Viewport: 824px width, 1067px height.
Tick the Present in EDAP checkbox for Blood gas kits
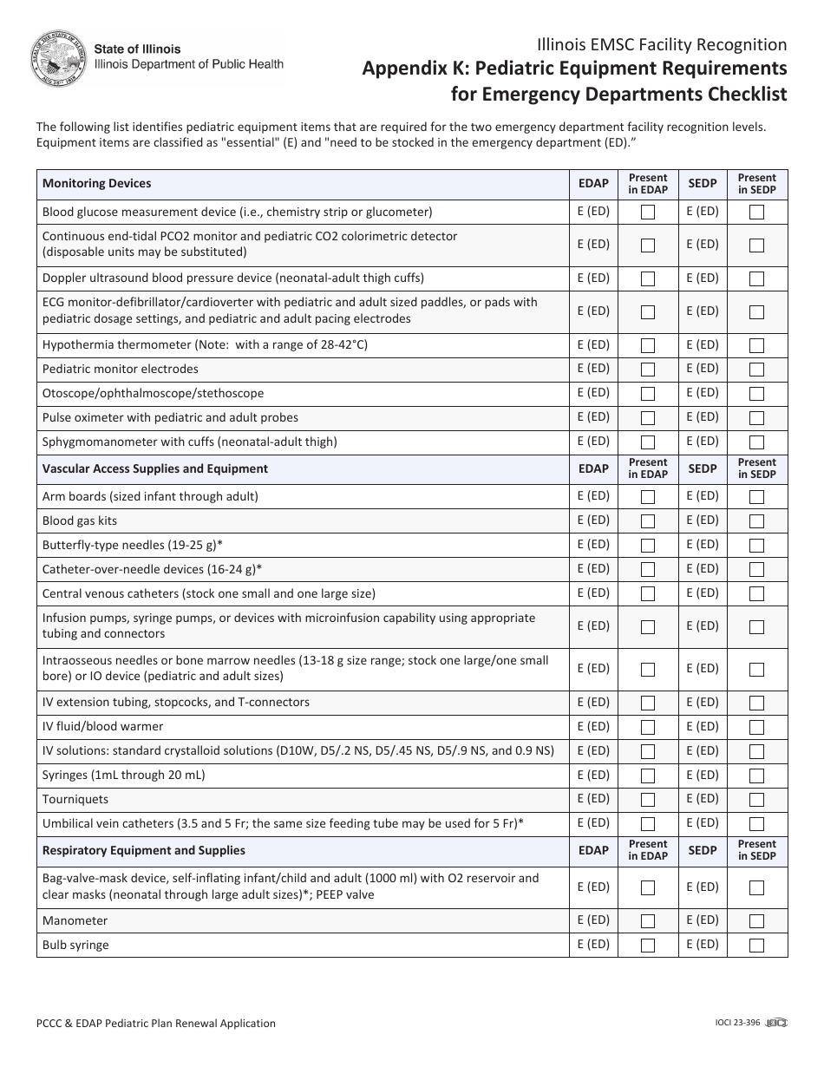click(x=648, y=521)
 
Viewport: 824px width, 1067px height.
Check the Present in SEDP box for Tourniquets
click(x=756, y=800)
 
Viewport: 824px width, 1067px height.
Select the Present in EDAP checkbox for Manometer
click(x=648, y=921)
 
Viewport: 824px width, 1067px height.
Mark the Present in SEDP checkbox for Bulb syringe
click(x=756, y=946)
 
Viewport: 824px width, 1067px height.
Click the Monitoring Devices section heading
click(x=96, y=183)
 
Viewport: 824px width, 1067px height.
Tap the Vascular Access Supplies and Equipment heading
click(x=155, y=468)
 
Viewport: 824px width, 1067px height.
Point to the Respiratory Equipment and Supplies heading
click(x=144, y=850)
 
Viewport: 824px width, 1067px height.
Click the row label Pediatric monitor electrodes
click(x=121, y=369)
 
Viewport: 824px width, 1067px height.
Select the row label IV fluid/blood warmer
click(x=102, y=726)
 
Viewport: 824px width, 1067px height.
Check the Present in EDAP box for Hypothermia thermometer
click(x=648, y=345)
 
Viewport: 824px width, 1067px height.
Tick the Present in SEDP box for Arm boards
click(x=756, y=497)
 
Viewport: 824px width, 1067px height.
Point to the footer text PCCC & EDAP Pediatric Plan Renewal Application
click(x=156, y=1024)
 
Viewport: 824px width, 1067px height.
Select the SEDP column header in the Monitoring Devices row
click(x=703, y=183)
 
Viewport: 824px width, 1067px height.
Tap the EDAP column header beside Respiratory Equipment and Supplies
click(x=593, y=850)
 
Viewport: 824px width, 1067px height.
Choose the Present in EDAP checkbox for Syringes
click(x=648, y=776)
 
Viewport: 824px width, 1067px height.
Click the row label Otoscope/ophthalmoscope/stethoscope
click(x=153, y=393)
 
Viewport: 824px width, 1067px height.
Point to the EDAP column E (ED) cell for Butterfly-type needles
click(x=593, y=545)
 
